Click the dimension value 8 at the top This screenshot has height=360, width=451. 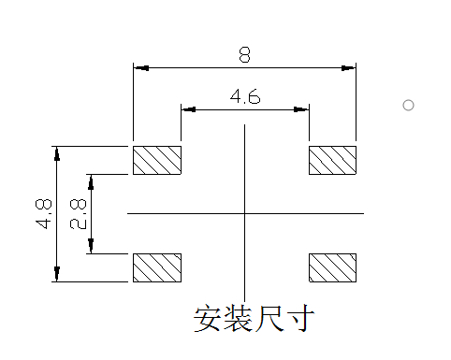[x=244, y=55]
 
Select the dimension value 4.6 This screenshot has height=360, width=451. [x=244, y=96]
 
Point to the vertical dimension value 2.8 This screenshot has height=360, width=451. [x=78, y=213]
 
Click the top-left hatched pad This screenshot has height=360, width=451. [x=157, y=160]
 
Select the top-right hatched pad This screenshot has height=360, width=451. [x=333, y=160]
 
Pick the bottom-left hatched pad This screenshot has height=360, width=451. [x=157, y=267]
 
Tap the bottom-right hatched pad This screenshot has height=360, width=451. [x=333, y=267]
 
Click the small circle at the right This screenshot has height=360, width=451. [x=408, y=105]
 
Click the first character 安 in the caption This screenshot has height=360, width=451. [x=208, y=319]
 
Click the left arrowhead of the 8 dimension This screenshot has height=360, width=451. [x=140, y=68]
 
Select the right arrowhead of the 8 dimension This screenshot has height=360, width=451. [x=350, y=68]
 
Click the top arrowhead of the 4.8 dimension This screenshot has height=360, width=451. [x=57, y=152]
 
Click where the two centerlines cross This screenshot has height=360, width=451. [x=244, y=213]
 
